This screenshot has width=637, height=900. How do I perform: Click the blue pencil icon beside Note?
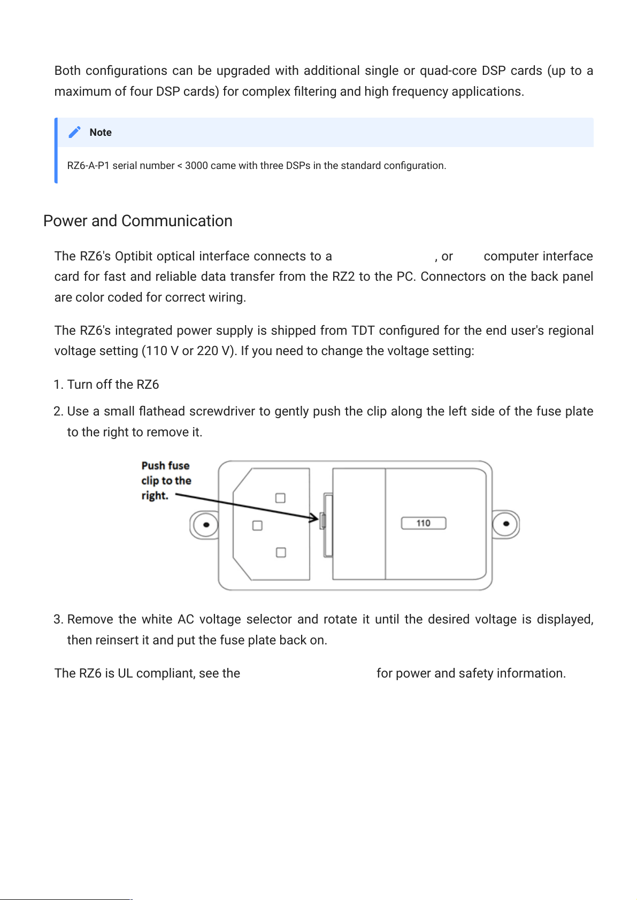(74, 132)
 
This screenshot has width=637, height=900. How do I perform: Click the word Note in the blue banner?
(101, 133)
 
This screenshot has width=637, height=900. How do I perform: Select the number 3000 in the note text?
(196, 166)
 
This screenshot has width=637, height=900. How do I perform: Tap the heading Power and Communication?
(138, 221)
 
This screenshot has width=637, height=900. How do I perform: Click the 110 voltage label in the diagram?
(423, 523)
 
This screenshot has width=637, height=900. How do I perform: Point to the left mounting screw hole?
(206, 524)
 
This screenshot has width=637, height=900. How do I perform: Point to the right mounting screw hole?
(506, 524)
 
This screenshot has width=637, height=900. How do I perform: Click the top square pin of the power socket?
(280, 498)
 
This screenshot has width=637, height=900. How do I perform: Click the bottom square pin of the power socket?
(281, 552)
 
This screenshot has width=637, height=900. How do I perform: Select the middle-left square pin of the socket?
(257, 526)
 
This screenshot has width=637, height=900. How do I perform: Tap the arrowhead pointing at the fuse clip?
(313, 518)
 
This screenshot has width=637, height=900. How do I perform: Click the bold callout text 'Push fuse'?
(165, 466)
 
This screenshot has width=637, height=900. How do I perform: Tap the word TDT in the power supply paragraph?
(363, 330)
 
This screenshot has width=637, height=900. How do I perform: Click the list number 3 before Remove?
(58, 619)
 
